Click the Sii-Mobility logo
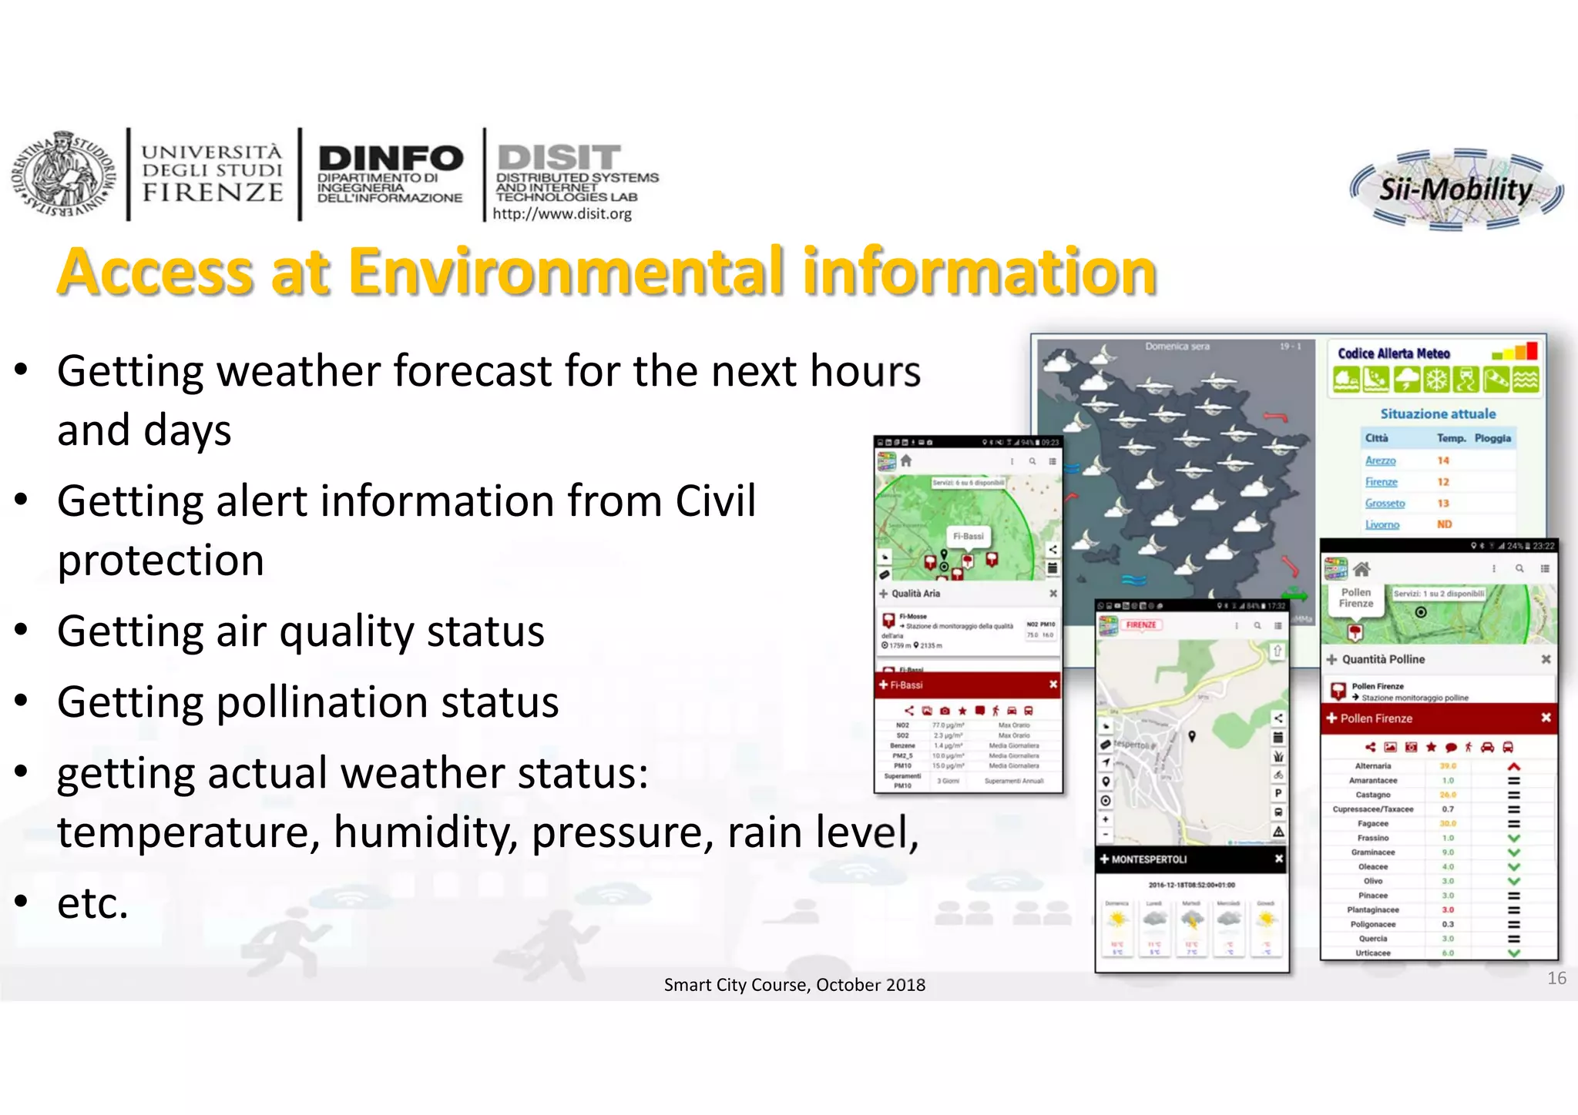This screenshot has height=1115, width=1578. coord(1455,189)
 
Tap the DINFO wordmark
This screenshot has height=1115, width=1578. coord(391,159)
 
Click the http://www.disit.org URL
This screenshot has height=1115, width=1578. coord(562,214)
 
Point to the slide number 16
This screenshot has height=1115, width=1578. coord(1556,978)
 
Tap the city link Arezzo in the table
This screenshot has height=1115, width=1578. coord(1380,460)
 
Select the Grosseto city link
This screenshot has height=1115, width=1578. coord(1385,504)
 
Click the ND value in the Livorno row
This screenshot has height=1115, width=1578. coord(1444,524)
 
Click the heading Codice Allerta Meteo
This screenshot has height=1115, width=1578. coord(1393,353)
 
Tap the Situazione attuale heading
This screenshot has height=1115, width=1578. coord(1438,414)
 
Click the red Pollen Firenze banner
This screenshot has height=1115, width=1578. coord(1438,718)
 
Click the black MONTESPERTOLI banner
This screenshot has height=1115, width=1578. coord(1191,859)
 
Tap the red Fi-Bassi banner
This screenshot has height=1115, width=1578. coord(968,685)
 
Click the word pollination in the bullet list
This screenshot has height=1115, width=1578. coord(307,701)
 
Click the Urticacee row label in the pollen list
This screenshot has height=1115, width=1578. coord(1373,953)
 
